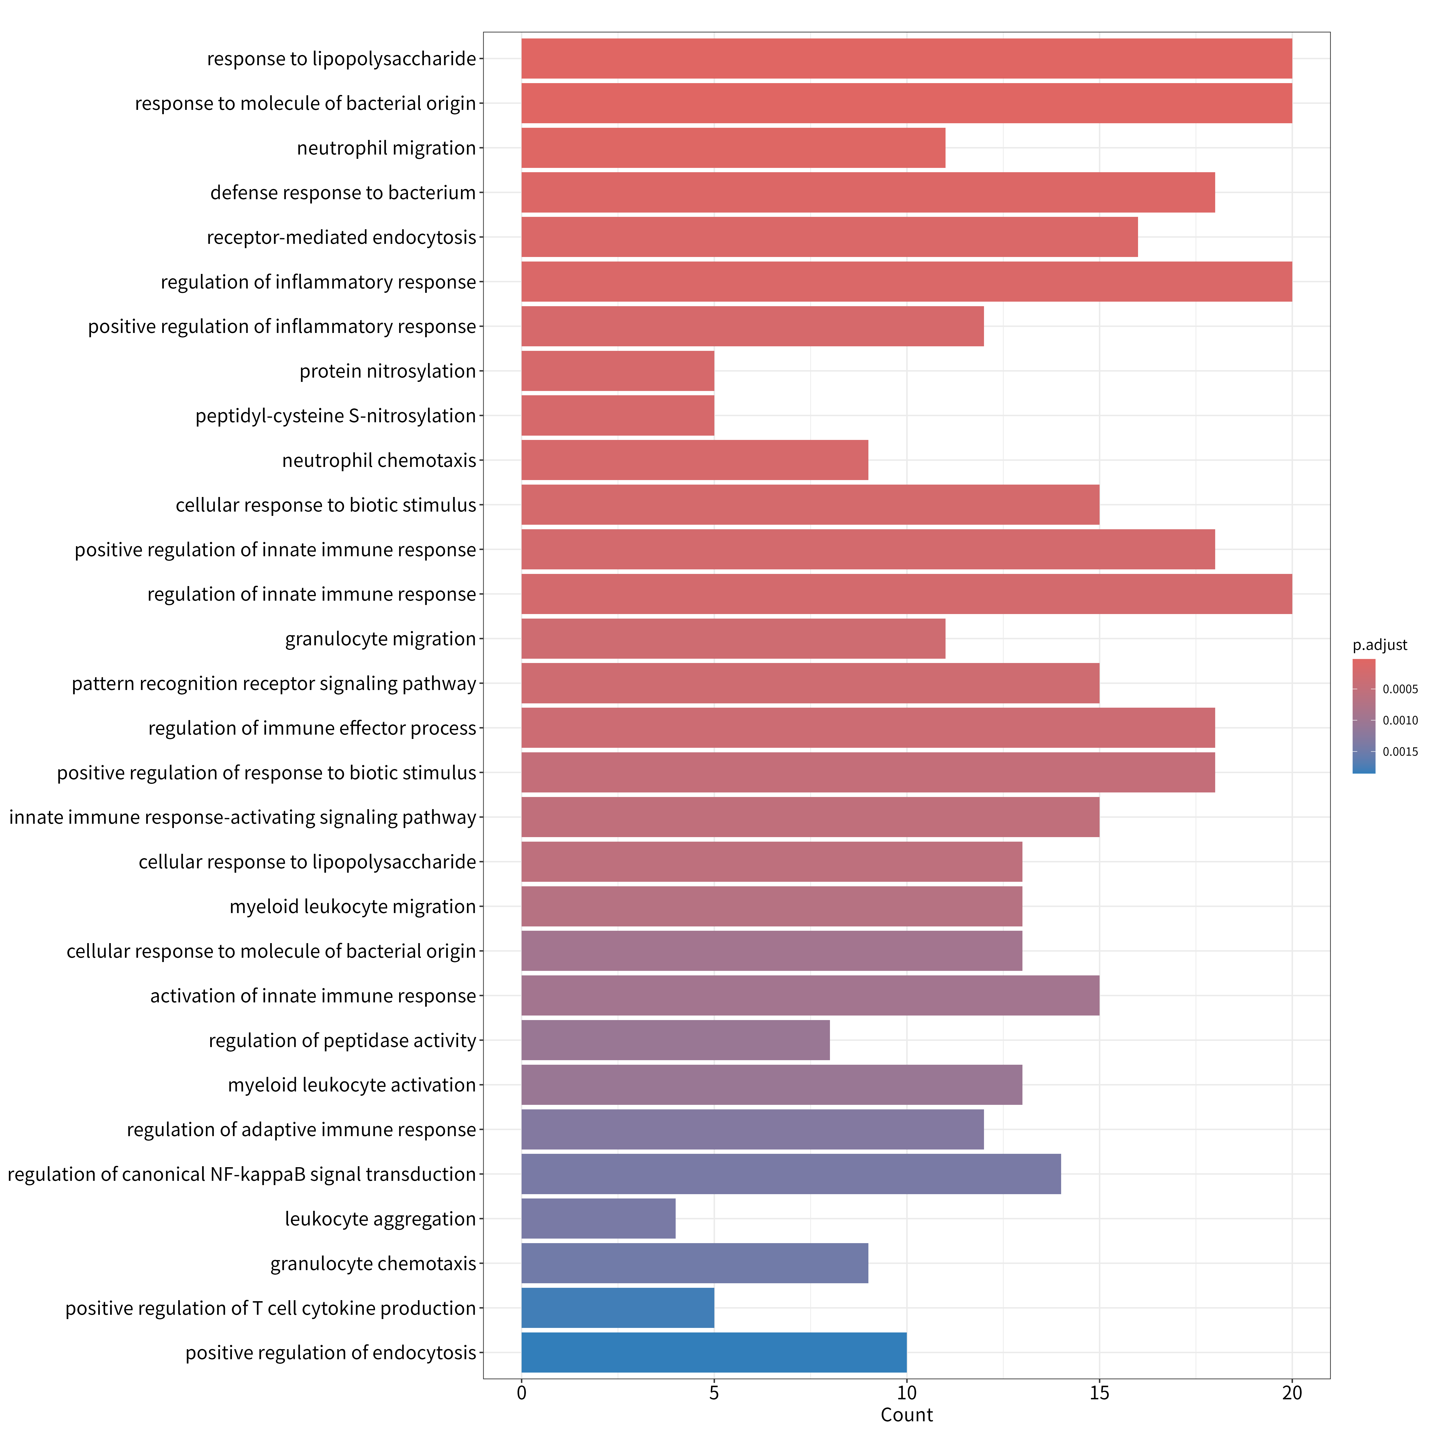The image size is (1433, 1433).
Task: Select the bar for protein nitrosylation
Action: [618, 371]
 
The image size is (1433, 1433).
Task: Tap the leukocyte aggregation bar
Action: [599, 1219]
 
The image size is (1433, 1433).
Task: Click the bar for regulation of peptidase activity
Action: [676, 1040]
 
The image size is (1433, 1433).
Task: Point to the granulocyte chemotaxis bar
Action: [695, 1263]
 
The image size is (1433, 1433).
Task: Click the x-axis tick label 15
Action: [1099, 1393]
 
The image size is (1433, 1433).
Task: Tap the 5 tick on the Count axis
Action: [714, 1393]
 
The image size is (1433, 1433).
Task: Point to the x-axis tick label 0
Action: [521, 1393]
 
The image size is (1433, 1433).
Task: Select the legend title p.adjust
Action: [1380, 645]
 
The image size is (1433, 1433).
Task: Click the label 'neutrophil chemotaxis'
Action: [379, 461]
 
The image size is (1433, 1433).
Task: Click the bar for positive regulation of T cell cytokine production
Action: [618, 1308]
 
